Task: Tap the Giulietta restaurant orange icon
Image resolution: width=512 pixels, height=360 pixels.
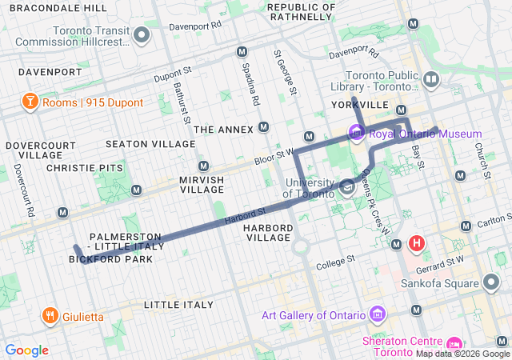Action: point(50,316)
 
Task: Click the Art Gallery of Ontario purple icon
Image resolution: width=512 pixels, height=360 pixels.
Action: point(378,314)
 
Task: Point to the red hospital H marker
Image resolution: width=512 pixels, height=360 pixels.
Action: point(416,242)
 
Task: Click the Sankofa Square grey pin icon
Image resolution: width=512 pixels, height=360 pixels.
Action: point(492,282)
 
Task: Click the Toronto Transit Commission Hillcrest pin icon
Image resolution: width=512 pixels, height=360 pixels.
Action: point(142,36)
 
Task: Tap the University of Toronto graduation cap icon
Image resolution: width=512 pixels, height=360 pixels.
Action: point(346,188)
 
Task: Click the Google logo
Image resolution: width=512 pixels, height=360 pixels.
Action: point(26,350)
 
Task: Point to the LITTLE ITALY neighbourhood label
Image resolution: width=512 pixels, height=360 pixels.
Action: point(178,305)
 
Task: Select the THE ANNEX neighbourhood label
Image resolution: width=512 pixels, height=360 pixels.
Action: point(223,129)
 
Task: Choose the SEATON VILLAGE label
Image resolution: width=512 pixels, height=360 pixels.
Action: point(150,144)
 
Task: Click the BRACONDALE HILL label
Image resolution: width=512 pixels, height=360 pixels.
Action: point(57,7)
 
